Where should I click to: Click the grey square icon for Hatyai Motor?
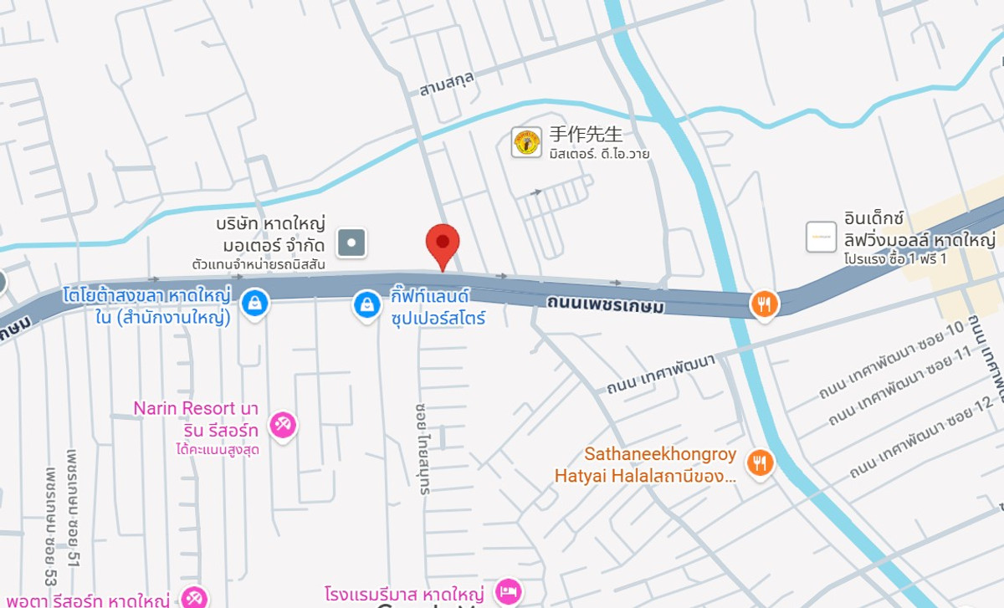[x=351, y=243]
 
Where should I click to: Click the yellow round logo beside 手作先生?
[x=527, y=142]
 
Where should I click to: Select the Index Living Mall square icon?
[x=821, y=237]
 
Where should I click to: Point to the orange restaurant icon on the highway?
[x=763, y=304]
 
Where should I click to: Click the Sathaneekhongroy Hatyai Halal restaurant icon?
[x=760, y=462]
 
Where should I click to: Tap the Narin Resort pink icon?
[x=284, y=426]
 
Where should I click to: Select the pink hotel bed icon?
[x=508, y=591]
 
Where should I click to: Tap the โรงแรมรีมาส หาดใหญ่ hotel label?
[x=407, y=594]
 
